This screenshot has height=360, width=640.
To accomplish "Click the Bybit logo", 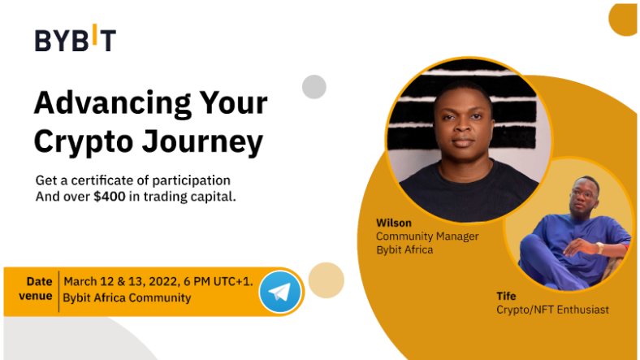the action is pyautogui.click(x=76, y=38).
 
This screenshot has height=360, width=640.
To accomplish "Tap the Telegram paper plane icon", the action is pyautogui.click(x=280, y=292).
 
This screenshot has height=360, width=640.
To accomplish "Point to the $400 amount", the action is pyautogui.click(x=110, y=197).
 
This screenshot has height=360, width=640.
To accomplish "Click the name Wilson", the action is pyautogui.click(x=394, y=223).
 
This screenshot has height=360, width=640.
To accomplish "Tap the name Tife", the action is pyautogui.click(x=506, y=296).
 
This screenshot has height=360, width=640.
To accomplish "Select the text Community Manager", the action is pyautogui.click(x=427, y=236).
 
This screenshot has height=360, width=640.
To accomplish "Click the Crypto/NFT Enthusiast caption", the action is pyautogui.click(x=552, y=310).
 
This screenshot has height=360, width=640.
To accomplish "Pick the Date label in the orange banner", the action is pyautogui.click(x=39, y=281).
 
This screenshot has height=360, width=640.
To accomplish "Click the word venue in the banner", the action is pyautogui.click(x=36, y=296).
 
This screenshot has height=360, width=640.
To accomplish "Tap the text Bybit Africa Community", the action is pyautogui.click(x=127, y=297).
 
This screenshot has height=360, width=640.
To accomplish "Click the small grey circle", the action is pyautogui.click(x=314, y=86).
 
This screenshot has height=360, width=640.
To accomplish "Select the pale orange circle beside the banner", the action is pyautogui.click(x=326, y=280).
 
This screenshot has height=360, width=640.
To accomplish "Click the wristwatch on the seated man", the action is pyautogui.click(x=599, y=248).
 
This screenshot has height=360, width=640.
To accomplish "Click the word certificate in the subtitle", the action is pyautogui.click(x=106, y=180).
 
